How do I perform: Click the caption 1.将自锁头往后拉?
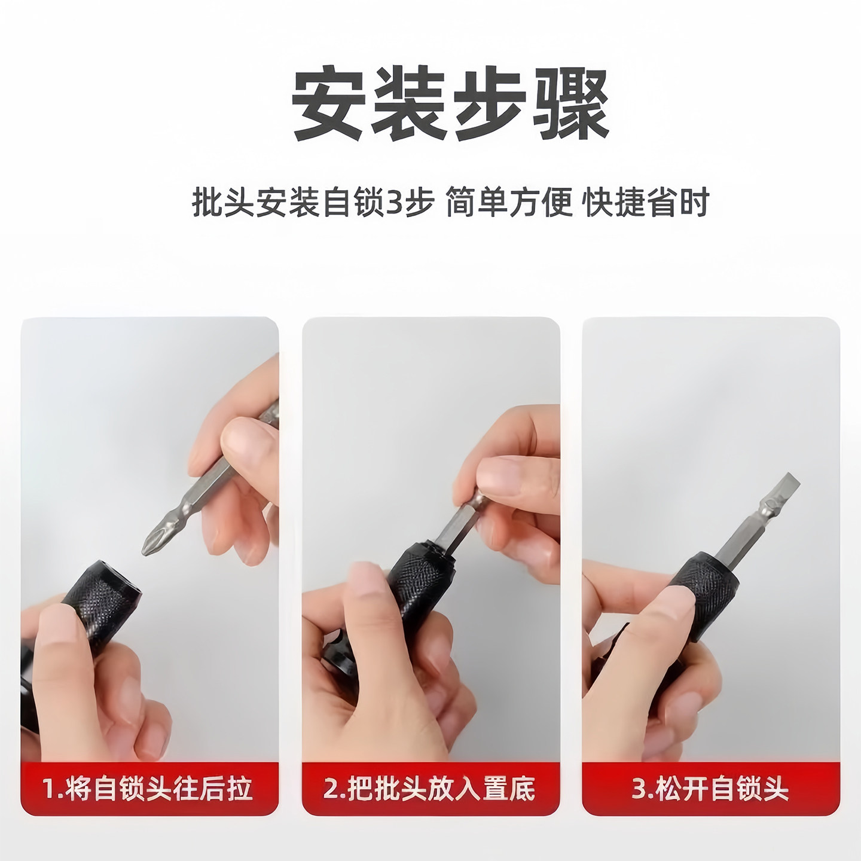tap(148, 788)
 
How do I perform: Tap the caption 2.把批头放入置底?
tap(429, 788)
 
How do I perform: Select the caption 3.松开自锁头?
tap(710, 788)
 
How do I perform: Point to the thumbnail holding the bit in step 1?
tap(242, 434)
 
